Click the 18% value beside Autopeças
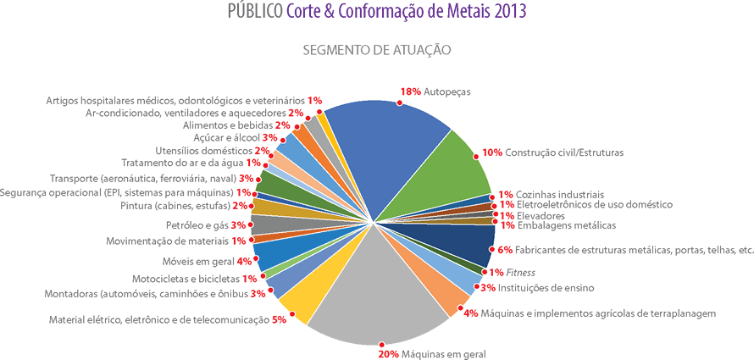click(x=411, y=91)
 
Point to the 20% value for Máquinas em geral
click(x=389, y=354)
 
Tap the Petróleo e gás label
click(x=197, y=225)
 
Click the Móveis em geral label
click(x=199, y=261)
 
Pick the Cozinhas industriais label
click(x=559, y=194)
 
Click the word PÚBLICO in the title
click(x=255, y=12)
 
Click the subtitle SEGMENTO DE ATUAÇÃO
click(x=376, y=50)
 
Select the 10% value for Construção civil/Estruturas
click(x=491, y=153)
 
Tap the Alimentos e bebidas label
click(x=227, y=125)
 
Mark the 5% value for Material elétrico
click(x=280, y=320)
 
